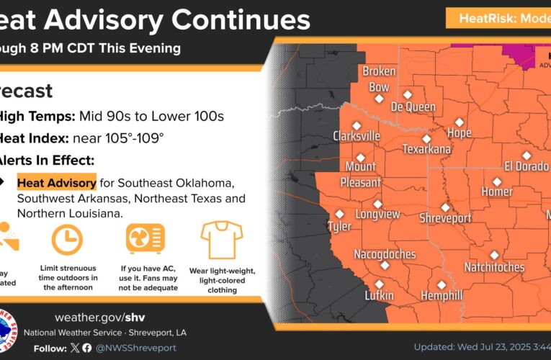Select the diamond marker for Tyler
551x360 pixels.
tap(340, 214)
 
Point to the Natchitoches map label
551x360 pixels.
tap(494, 267)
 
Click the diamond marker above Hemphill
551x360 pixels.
tap(441, 284)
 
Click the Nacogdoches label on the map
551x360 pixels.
tap(385, 254)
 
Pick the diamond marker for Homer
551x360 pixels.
tap(496, 181)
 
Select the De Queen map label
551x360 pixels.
tap(413, 107)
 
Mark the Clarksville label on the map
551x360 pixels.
tap(357, 136)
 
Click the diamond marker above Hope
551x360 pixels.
tap(459, 122)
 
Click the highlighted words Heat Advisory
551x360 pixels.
tap(56, 182)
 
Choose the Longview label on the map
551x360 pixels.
tap(377, 215)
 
